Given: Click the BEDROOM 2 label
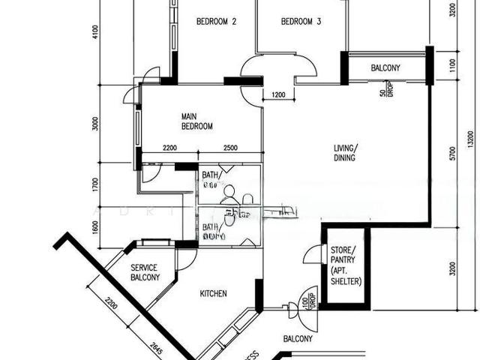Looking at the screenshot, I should pos(216,22).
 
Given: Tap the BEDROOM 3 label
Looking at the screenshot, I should pos(301,22).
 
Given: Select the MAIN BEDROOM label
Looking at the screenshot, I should pos(197,121).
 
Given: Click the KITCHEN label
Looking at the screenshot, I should pos(213,294).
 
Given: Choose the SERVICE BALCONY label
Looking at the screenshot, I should pos(145,272).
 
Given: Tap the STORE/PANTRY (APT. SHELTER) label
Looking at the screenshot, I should pos(346,265).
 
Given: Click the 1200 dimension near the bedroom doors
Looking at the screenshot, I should pos(278,95).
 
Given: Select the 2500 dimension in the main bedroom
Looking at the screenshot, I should pos(229,148).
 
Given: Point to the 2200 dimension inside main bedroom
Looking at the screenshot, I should pos(169,148).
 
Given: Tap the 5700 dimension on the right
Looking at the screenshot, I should pos(451,154).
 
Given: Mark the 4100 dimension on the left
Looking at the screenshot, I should pos(95,34).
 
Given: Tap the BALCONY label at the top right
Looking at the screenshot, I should pos(385,68).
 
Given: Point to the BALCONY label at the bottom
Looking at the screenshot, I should pos(297,339).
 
